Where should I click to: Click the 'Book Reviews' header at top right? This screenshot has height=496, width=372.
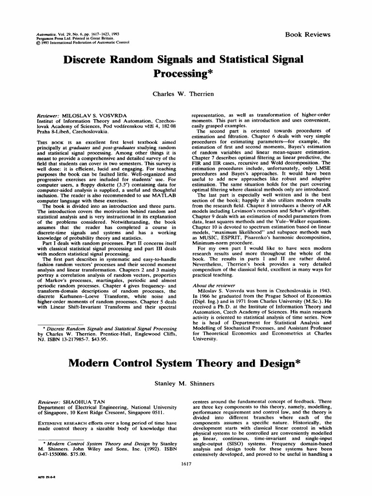[x=308, y=35]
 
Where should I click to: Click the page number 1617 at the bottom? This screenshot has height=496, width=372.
[x=186, y=465]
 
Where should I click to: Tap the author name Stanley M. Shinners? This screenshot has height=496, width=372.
[x=186, y=384]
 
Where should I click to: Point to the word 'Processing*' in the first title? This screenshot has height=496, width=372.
[x=186, y=74]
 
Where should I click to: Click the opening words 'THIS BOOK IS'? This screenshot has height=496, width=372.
[x=55, y=141]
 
